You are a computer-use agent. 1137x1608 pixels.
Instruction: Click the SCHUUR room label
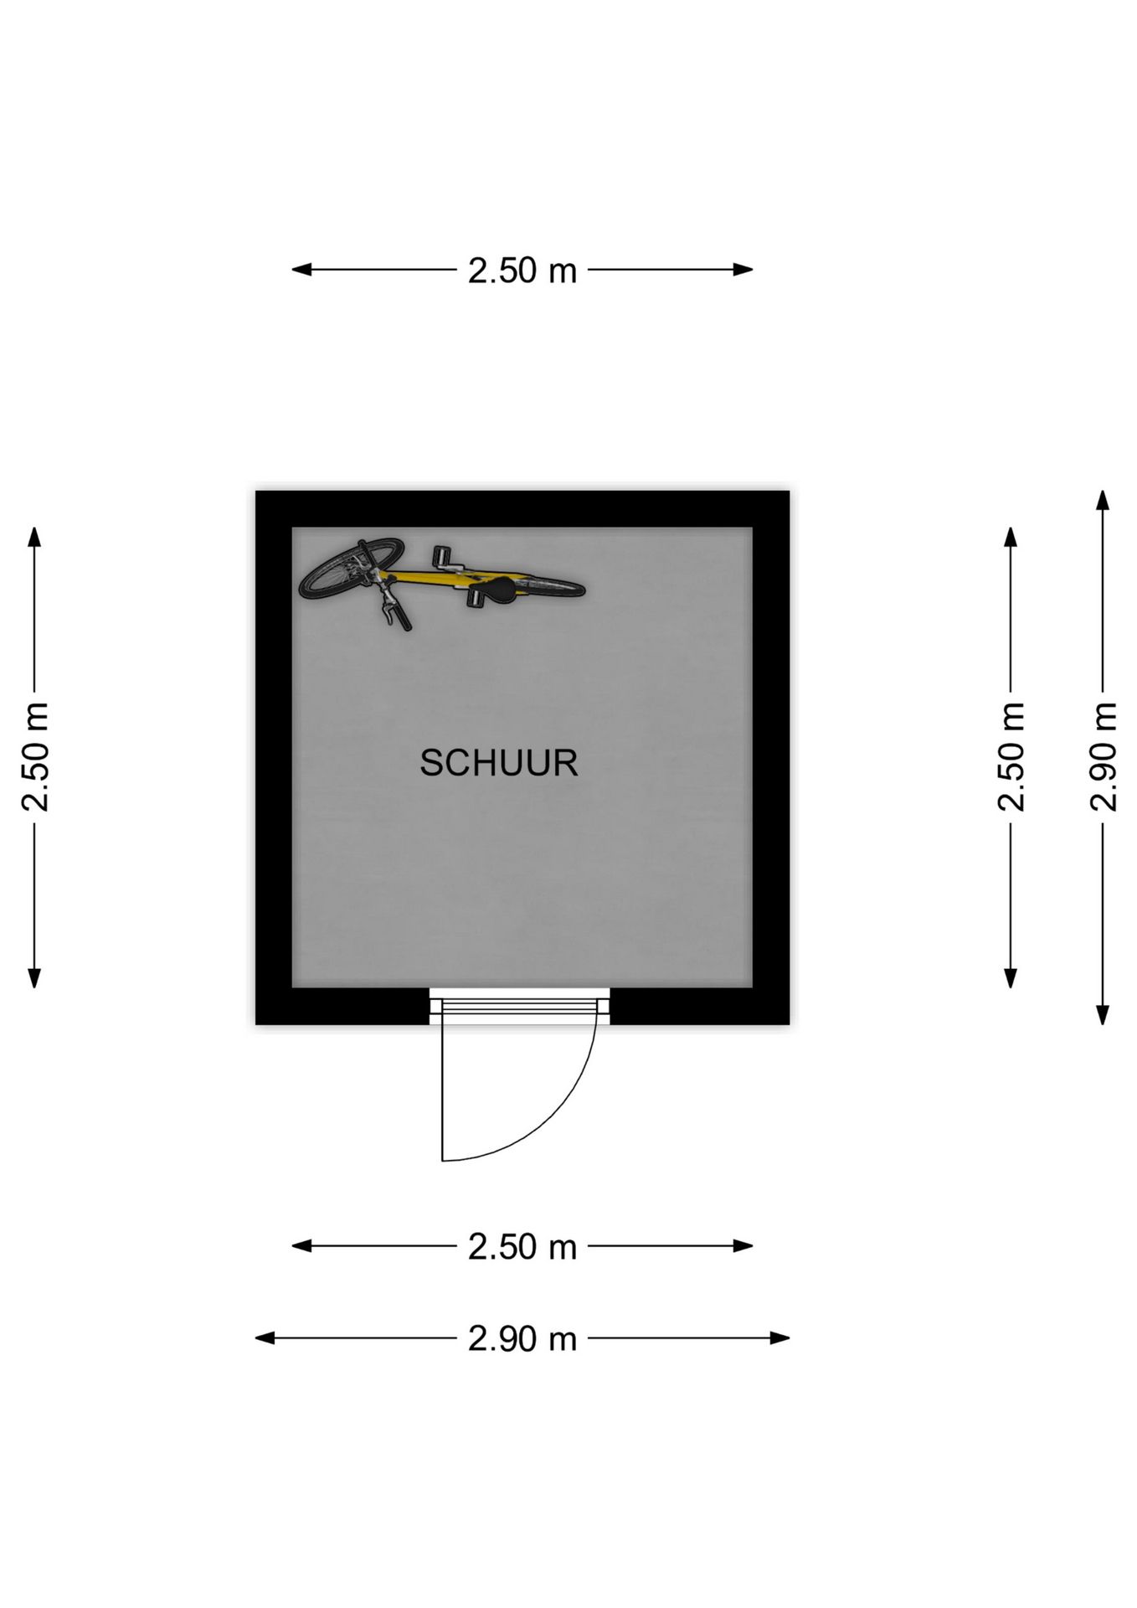click(498, 763)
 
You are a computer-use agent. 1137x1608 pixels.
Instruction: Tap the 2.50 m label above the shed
click(522, 271)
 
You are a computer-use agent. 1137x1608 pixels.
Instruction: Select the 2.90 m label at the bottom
click(522, 1338)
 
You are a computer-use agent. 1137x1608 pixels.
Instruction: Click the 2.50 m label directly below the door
click(522, 1247)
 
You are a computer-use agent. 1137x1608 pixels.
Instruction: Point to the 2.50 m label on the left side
click(35, 757)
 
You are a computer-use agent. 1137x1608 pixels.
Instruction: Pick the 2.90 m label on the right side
click(1104, 757)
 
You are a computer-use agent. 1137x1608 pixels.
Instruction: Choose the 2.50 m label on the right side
click(1011, 757)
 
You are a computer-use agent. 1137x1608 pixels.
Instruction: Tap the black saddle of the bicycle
click(505, 590)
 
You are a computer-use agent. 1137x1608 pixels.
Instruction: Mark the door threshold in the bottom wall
click(520, 1006)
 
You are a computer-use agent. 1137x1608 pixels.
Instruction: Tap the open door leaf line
click(442, 1088)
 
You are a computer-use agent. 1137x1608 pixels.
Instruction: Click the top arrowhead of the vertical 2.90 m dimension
click(1104, 500)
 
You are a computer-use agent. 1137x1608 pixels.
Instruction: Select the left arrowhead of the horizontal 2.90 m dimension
click(265, 1338)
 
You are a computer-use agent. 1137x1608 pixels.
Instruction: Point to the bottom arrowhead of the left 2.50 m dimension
click(34, 978)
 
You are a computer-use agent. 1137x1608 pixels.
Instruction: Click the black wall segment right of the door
click(700, 1007)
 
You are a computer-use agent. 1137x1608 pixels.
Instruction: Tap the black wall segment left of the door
click(342, 1007)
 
